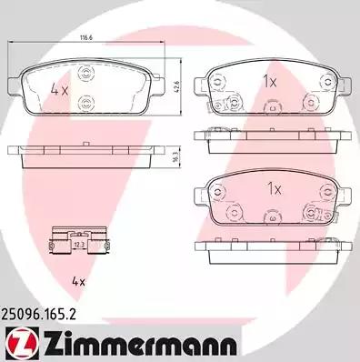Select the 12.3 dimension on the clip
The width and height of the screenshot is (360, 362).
(78, 244)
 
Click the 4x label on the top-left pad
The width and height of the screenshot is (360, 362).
(59, 90)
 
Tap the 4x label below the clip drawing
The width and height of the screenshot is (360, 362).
(78, 282)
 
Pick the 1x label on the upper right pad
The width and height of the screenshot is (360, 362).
(270, 81)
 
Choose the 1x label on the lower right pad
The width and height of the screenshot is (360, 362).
(275, 189)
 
